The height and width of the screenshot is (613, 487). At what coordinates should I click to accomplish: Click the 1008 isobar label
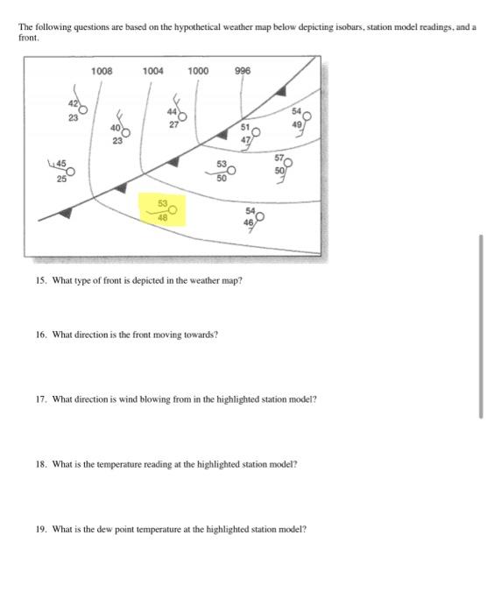[102, 69]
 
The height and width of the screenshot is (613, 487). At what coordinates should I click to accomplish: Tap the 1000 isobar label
[198, 69]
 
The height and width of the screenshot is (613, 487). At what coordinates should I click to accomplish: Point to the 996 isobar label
[243, 69]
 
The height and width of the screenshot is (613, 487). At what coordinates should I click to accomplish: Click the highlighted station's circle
[173, 210]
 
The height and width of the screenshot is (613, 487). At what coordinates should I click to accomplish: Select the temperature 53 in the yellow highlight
[162, 203]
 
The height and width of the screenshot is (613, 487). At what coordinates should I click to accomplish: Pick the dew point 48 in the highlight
[162, 219]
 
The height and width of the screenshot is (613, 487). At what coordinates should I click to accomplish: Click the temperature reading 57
[279, 159]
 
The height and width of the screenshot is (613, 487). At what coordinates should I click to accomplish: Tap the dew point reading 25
[61, 180]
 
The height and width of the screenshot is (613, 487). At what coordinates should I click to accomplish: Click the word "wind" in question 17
[121, 398]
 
